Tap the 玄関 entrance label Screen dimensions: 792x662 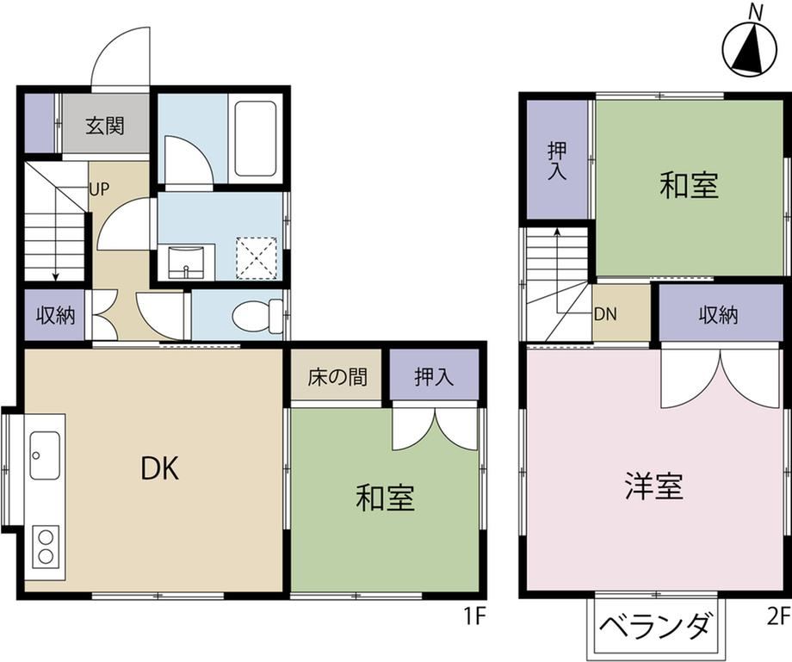click(104, 126)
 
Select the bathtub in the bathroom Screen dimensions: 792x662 click(256, 139)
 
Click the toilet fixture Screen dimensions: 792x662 click(258, 316)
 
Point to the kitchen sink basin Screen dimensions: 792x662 click(45, 455)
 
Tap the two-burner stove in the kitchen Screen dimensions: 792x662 click(46, 546)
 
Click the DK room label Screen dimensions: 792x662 click(159, 468)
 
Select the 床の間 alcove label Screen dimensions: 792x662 click(337, 377)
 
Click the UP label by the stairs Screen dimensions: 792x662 click(99, 189)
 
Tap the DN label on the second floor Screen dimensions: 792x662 click(605, 314)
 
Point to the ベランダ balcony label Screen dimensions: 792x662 click(657, 627)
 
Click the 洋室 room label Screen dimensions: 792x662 click(654, 486)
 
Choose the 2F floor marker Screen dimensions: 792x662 click(778, 616)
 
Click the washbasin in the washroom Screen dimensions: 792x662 click(186, 262)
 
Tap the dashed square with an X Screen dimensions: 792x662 click(257, 257)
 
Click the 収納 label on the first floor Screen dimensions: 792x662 click(56, 315)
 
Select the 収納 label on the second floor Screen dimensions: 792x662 click(718, 315)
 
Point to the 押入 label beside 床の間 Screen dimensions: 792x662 click(433, 377)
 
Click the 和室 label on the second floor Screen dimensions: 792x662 click(689, 185)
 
